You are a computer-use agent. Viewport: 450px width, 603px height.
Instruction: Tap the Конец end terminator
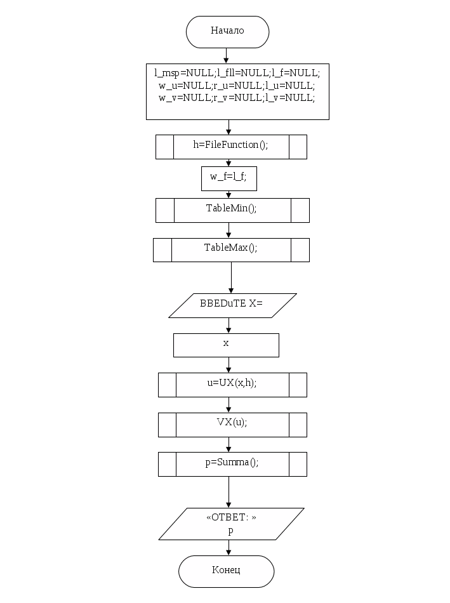[x=226, y=571]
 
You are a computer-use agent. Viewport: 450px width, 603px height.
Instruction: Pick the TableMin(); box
[x=232, y=210]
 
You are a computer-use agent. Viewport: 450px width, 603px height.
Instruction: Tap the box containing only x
[x=227, y=345]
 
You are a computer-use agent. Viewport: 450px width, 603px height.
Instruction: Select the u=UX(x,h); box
[x=232, y=385]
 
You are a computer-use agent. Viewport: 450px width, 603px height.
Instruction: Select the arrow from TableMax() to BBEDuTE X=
[x=232, y=277]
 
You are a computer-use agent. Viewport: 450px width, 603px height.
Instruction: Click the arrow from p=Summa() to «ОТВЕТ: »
[x=229, y=492]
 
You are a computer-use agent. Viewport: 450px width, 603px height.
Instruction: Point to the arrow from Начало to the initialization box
[x=227, y=55]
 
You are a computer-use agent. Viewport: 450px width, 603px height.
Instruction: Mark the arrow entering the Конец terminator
[x=229, y=548]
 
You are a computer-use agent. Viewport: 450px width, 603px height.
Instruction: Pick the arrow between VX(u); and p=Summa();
[x=229, y=444]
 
